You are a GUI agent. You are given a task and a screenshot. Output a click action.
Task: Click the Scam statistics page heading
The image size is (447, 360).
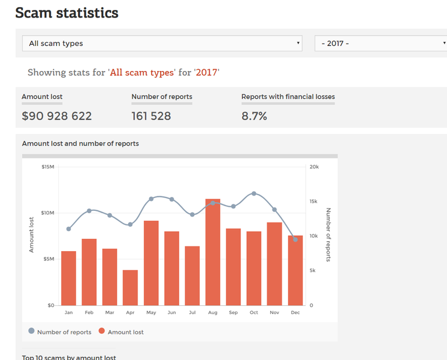click(67, 13)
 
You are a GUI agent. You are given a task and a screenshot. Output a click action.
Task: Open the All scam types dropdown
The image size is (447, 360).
click(162, 43)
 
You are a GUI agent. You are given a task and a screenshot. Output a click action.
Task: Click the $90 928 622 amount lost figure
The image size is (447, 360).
click(56, 116)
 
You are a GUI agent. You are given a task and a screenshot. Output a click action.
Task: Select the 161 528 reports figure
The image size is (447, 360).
click(151, 116)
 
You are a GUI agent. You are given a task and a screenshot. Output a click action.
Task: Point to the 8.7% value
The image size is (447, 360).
click(254, 116)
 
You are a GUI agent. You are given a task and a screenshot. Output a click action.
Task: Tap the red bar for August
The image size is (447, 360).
click(213, 252)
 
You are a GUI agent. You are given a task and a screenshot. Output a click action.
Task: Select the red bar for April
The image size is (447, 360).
click(130, 287)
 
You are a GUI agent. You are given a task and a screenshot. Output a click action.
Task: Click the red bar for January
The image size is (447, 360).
click(69, 278)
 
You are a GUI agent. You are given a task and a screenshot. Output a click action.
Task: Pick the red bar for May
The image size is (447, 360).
click(151, 263)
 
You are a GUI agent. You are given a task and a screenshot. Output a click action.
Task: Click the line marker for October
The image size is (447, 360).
click(254, 193)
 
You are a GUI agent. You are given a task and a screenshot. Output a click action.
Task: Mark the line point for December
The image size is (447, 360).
click(295, 239)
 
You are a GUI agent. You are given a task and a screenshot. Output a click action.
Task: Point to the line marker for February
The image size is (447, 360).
click(89, 211)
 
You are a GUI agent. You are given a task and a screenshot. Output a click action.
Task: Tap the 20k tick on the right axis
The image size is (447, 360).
click(314, 167)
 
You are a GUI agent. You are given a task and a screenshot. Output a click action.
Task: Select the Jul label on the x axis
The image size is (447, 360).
click(192, 313)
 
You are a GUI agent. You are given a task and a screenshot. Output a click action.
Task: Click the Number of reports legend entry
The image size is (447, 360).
click(60, 331)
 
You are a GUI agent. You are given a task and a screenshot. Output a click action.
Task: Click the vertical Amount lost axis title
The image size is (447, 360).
click(32, 235)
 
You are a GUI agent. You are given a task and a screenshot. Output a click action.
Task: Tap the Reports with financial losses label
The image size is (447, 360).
click(288, 97)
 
